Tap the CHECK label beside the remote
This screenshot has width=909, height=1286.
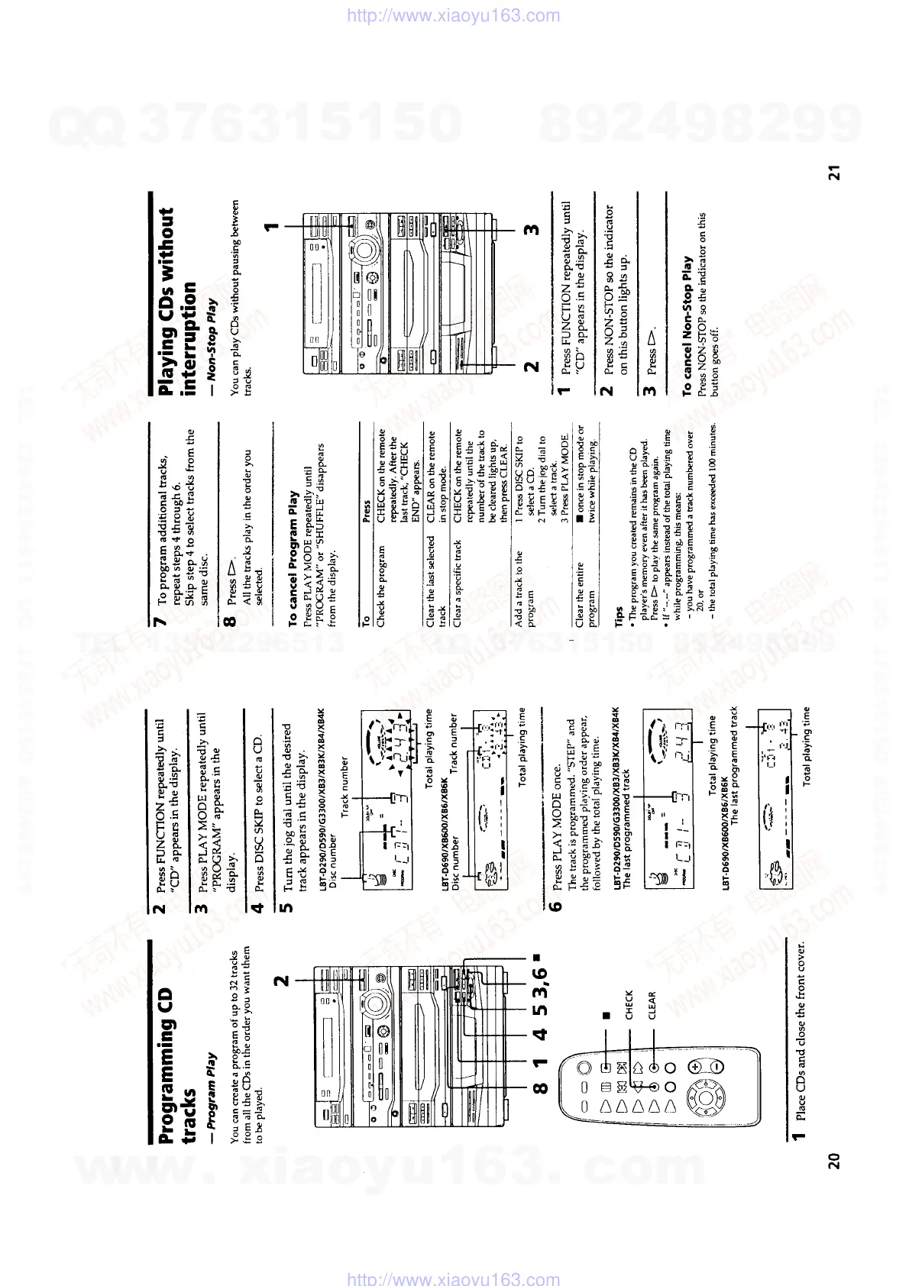tap(629, 1004)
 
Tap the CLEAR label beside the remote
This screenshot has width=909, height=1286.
tap(652, 1005)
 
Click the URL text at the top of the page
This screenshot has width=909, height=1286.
tap(454, 15)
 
